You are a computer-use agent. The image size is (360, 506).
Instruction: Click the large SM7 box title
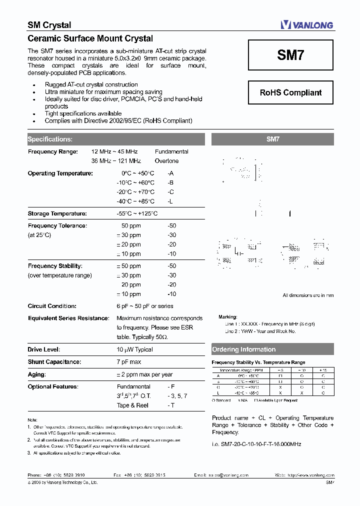(x=290, y=54)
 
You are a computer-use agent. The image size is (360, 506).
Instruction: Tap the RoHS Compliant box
(x=290, y=92)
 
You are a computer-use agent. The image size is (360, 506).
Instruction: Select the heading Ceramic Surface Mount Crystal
(x=90, y=38)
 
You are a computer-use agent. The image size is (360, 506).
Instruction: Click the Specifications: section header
(x=50, y=139)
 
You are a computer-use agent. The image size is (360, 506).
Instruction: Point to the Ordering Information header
(x=244, y=349)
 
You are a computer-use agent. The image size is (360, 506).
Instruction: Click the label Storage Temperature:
(x=57, y=213)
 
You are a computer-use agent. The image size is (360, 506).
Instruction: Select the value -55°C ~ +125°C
(x=137, y=213)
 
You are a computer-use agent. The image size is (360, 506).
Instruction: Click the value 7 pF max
(x=129, y=361)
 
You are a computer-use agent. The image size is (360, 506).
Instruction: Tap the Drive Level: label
(x=44, y=349)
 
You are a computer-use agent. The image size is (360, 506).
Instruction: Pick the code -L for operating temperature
(x=171, y=201)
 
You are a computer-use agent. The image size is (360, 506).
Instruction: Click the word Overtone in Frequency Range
(x=166, y=161)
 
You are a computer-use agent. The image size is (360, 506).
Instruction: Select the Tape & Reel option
(x=132, y=405)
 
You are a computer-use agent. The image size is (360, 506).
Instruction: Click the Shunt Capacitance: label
(x=54, y=361)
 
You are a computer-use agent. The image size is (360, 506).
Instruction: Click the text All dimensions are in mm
(x=308, y=295)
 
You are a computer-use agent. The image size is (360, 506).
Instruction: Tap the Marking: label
(x=227, y=317)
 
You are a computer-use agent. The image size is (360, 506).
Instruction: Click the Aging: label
(x=37, y=374)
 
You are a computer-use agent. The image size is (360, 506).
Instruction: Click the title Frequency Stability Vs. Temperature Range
(x=258, y=362)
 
